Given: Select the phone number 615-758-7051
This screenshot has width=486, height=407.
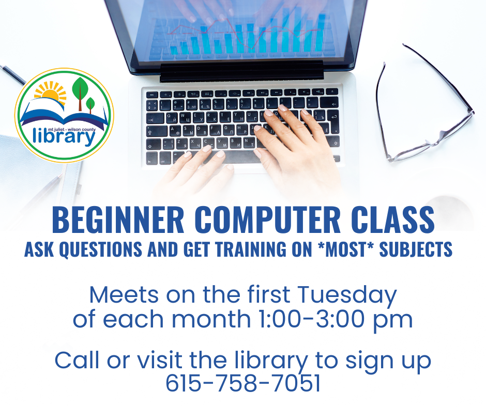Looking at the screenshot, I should (242, 383).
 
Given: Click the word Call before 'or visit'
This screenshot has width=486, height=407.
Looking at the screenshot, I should (75, 360).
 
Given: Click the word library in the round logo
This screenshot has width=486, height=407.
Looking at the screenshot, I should (64, 136).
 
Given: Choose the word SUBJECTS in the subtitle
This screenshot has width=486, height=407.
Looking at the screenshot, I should (416, 249).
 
